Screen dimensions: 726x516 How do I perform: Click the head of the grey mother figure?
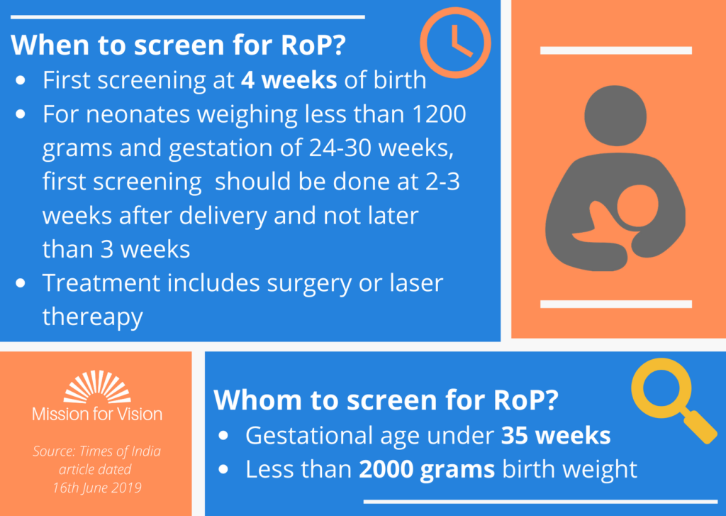[x=615, y=116]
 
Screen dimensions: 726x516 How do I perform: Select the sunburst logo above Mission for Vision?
[x=97, y=386]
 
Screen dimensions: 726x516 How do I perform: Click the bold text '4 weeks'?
[x=289, y=79]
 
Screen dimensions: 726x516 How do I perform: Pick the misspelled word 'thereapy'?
[x=93, y=317]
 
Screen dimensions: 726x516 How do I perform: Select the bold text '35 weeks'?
[x=556, y=435]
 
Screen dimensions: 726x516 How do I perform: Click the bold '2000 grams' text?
[x=427, y=470]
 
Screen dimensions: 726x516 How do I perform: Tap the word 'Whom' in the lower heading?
[x=257, y=400]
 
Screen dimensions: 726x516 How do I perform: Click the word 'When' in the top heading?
[x=50, y=45]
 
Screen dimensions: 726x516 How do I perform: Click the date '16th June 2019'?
[x=96, y=488]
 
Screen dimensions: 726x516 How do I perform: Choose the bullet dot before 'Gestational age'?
[x=223, y=436]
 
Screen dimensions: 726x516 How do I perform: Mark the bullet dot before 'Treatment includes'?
[x=21, y=283]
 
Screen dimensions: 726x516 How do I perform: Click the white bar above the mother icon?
[x=616, y=50]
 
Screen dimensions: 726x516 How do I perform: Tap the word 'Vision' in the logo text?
[x=138, y=414]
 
